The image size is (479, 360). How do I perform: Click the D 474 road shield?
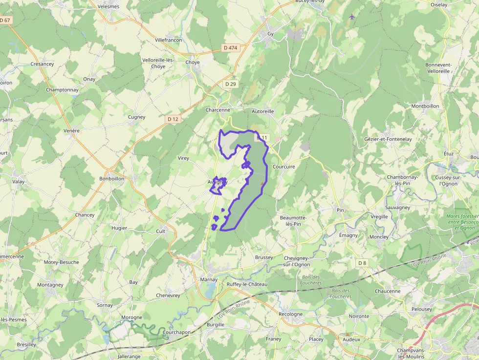(230, 47)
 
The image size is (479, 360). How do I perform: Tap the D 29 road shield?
(231, 84)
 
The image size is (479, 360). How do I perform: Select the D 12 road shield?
(173, 119)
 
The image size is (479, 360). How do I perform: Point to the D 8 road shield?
(362, 263)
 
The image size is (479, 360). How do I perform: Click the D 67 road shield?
(5, 20)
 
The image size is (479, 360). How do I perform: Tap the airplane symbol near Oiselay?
(352, 17)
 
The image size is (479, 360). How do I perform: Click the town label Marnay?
(209, 279)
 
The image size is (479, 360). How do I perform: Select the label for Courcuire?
(284, 167)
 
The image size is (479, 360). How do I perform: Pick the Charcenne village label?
(218, 110)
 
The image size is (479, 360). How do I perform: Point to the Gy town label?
(270, 34)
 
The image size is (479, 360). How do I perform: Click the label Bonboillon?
(112, 178)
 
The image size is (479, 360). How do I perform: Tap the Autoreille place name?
(263, 111)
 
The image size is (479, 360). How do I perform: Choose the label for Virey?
(183, 158)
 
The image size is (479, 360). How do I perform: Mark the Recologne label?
(290, 314)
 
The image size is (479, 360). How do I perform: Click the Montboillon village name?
(425, 106)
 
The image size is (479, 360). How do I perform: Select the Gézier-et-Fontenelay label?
(388, 139)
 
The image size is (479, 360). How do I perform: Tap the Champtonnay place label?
(62, 90)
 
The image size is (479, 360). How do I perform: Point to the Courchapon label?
(176, 332)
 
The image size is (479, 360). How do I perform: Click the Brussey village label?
(264, 257)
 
